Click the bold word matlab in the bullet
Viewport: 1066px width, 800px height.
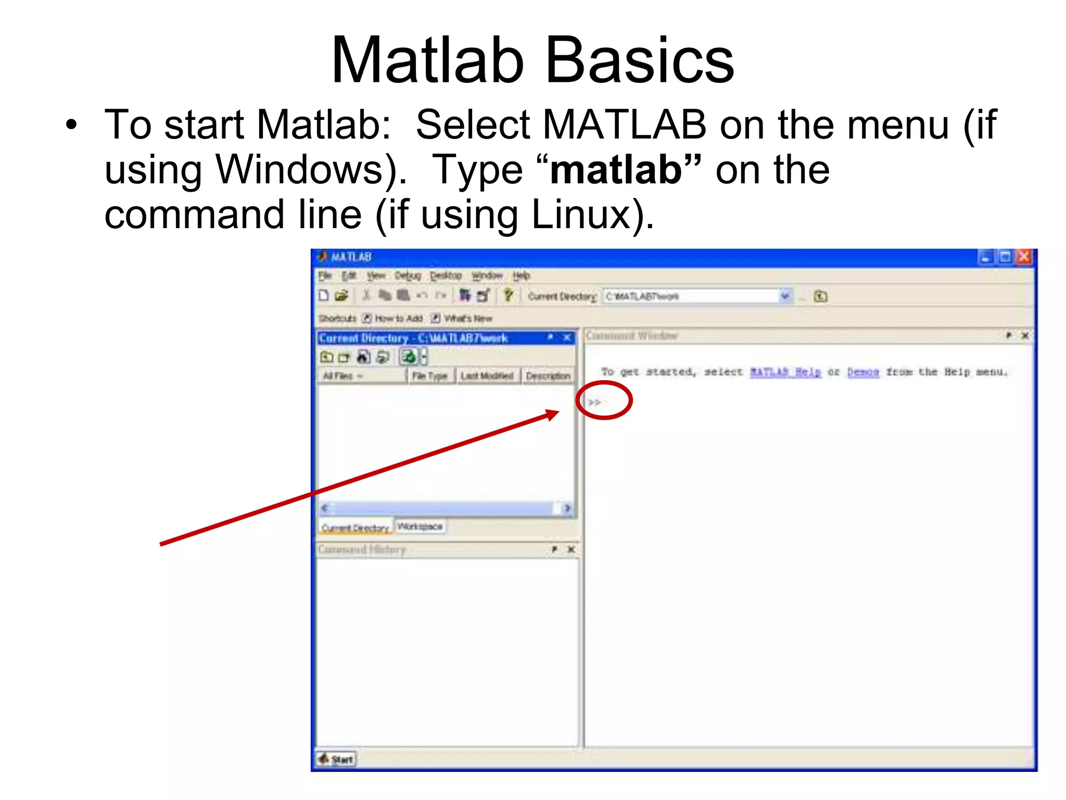point(616,170)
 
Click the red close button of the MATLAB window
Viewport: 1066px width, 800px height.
point(1024,257)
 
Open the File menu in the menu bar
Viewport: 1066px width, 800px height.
point(325,276)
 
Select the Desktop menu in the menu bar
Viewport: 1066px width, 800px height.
point(446,276)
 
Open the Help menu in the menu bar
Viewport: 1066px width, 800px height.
point(521,276)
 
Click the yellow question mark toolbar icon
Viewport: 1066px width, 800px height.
point(508,296)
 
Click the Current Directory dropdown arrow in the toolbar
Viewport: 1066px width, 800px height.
point(785,296)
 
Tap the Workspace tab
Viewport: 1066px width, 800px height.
point(420,527)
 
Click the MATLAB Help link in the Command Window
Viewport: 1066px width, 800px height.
point(785,372)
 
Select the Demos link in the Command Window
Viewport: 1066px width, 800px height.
point(863,372)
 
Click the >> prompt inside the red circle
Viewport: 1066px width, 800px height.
point(594,402)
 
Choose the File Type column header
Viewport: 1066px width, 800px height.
point(429,376)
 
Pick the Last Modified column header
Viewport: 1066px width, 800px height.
point(487,376)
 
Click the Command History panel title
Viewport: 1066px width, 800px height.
point(362,549)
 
